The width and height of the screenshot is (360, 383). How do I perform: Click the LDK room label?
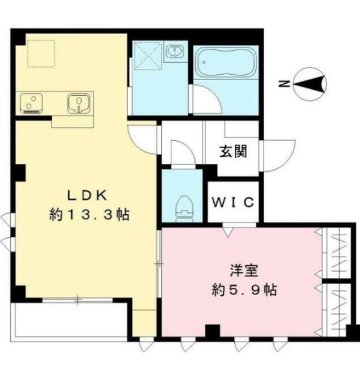tap(87, 194)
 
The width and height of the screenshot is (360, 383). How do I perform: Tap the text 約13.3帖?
tap(90, 215)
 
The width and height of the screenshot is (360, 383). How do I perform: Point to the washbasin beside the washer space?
tap(176, 53)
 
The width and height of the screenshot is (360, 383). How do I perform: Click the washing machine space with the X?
tap(147, 57)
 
